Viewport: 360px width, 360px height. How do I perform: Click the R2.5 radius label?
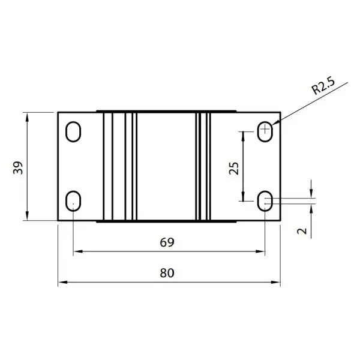[x=323, y=86]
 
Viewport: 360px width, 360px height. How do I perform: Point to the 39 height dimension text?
[x=18, y=168]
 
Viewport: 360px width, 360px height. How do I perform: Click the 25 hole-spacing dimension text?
[x=234, y=168]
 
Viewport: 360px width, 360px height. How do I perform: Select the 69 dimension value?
[x=167, y=242]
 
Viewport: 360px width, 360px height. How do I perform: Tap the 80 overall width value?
[x=167, y=273]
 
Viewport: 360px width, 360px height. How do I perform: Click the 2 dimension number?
[x=302, y=231]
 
